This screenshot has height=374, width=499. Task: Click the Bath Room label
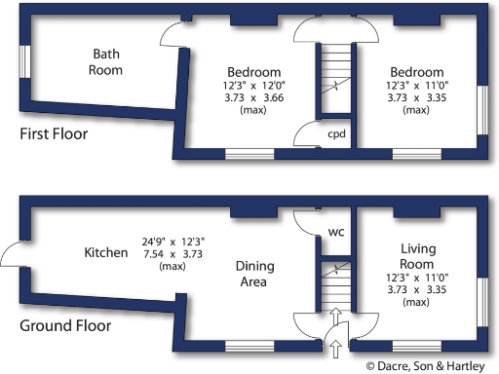coord(106,61)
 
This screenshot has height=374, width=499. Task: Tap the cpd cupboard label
coord(336,133)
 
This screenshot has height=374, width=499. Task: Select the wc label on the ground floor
coord(335,232)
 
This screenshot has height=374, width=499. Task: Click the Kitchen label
coord(106,252)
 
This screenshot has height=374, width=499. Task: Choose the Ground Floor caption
coord(64,324)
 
